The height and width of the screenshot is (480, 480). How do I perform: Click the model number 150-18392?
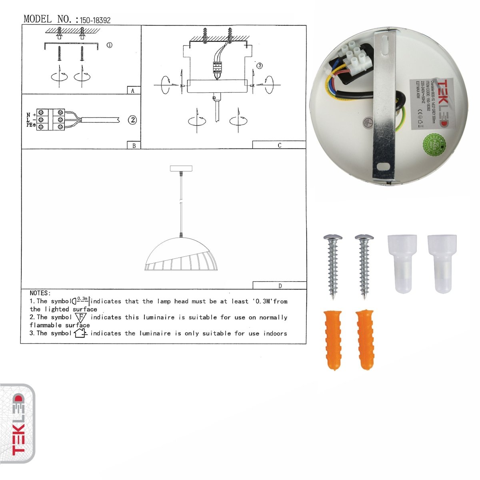pos(95,20)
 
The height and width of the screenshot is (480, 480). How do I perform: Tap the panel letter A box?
pos(133,91)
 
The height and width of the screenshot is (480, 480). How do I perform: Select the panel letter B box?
pos(134,146)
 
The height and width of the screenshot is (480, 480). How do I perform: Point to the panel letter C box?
pos(279,145)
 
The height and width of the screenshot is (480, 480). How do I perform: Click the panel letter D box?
pos(280,286)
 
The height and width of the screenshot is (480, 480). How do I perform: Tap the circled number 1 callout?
pos(109,45)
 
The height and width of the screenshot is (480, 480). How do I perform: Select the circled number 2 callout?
pos(132,120)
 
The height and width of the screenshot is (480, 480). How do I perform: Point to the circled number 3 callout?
pos(260,66)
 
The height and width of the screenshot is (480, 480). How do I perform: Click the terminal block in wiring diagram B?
pos(51,120)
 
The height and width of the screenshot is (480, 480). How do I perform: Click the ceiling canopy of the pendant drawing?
pos(181,168)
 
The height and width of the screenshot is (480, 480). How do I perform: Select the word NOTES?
pos(40,293)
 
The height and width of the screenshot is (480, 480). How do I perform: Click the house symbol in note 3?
pos(80,333)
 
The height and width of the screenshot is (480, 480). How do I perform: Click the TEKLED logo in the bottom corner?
pos(18,424)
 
